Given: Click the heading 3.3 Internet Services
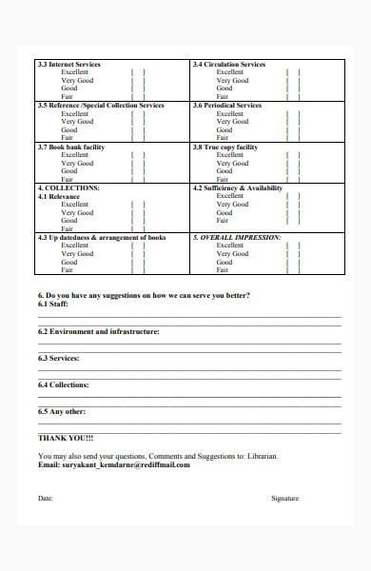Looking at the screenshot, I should click(68, 65).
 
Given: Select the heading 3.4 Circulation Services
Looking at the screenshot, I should click(228, 65).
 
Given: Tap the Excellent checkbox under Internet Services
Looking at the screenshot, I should click(138, 72).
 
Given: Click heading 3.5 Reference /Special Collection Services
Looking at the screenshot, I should click(100, 106).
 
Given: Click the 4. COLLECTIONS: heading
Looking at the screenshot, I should click(68, 188).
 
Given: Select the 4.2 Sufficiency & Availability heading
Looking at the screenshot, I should click(237, 188).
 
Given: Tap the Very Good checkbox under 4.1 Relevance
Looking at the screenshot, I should click(138, 213).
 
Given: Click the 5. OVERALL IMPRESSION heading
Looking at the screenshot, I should click(236, 237).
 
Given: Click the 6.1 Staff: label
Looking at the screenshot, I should click(52, 305).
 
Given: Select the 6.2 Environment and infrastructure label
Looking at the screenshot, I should click(98, 331).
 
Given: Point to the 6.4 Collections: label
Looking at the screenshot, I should click(63, 384).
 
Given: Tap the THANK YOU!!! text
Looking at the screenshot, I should click(66, 438).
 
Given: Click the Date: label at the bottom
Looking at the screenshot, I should click(46, 498).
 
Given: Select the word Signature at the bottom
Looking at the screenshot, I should click(284, 498).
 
